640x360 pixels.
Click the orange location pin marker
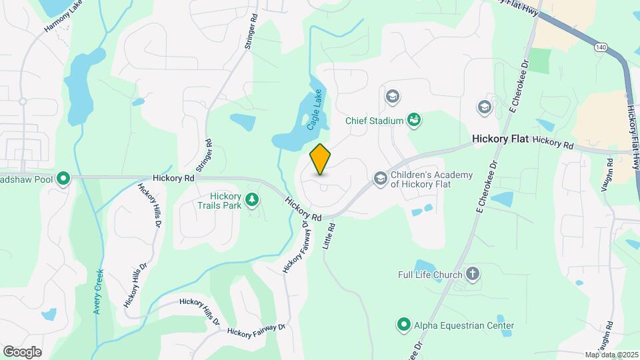(x=321, y=159)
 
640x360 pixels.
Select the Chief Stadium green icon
(x=414, y=120)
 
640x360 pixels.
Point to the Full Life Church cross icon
(x=472, y=274)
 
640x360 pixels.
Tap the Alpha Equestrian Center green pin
(x=403, y=325)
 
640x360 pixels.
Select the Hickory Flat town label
(x=500, y=139)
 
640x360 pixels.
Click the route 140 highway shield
(x=601, y=47)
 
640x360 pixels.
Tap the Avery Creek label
(x=99, y=291)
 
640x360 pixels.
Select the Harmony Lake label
(x=64, y=18)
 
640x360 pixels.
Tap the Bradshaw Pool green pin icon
(x=63, y=179)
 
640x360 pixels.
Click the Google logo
(x=22, y=351)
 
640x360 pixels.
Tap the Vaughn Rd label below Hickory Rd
(x=607, y=175)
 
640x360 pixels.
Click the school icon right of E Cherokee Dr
(x=484, y=107)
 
